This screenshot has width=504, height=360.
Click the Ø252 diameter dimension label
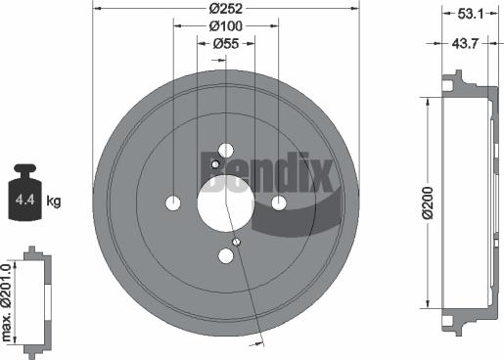pyautogui.click(x=226, y=9)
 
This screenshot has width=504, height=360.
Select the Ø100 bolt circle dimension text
pyautogui.click(x=226, y=26)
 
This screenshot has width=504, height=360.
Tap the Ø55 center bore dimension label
pyautogui.click(x=226, y=44)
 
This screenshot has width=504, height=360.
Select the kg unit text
pyautogui.click(x=54, y=202)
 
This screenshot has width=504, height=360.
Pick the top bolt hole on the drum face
pyautogui.click(x=226, y=150)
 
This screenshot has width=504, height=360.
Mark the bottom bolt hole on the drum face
pyautogui.click(x=226, y=255)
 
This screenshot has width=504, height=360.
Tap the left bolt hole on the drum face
pyautogui.click(x=173, y=202)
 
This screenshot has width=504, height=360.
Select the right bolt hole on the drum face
pyautogui.click(x=279, y=202)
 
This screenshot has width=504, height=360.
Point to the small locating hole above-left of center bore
pyautogui.click(x=215, y=165)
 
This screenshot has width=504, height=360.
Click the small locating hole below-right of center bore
pyautogui.click(x=237, y=240)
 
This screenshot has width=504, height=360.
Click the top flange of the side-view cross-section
pyautogui.click(x=451, y=81)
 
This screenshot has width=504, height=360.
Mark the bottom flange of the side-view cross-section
pyautogui.click(x=451, y=322)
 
